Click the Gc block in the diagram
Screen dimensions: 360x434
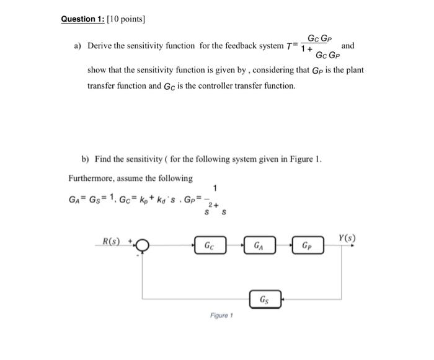211,245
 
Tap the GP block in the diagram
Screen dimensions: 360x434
307,245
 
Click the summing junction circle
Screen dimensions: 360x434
143,245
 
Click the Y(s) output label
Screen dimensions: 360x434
347,238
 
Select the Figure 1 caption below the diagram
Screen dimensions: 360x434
220,315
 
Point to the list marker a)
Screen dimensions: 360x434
79,46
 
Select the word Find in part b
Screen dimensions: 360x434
104,159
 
